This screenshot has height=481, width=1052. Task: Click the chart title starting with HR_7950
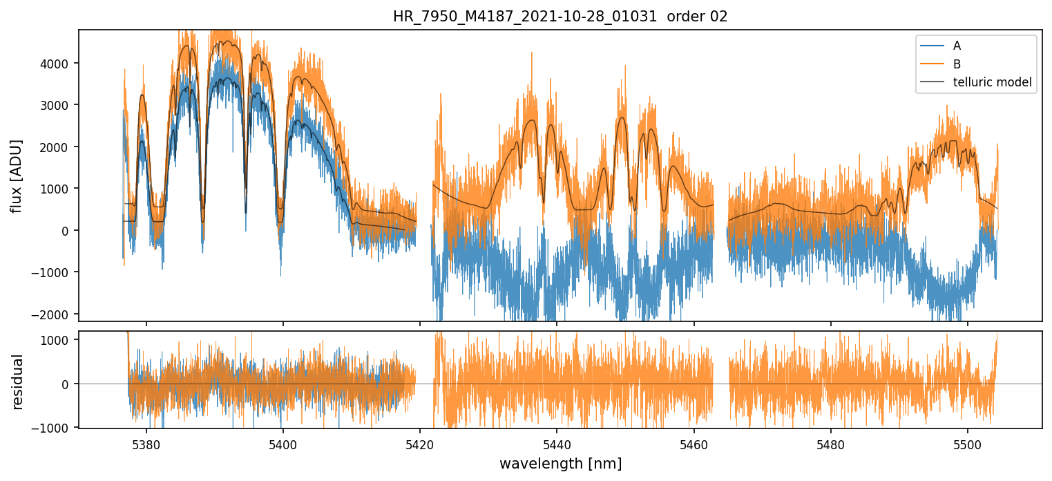(560, 17)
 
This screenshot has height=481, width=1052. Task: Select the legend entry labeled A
(957, 46)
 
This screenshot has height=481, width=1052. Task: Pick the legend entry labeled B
(957, 64)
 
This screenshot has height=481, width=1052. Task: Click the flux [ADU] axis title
(16, 176)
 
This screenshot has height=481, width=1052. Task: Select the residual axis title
(18, 381)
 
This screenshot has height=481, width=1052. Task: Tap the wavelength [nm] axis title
(560, 463)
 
